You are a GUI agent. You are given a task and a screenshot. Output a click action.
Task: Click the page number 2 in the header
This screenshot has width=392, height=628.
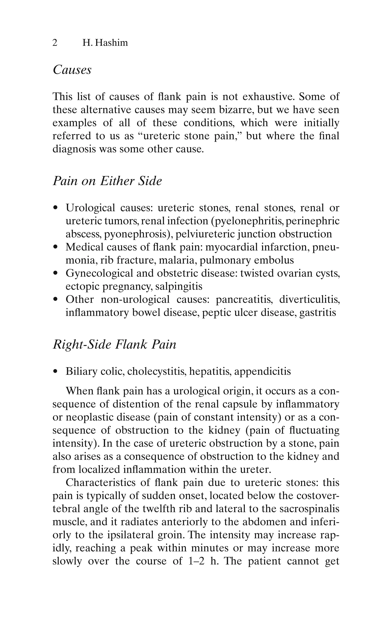pyautogui.click(x=55, y=43)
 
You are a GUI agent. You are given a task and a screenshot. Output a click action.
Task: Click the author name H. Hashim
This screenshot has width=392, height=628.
pyautogui.click(x=105, y=43)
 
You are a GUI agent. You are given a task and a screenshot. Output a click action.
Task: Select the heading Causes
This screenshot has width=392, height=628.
pyautogui.click(x=72, y=70)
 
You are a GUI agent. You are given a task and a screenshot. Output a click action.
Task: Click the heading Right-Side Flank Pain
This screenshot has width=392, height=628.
pyautogui.click(x=114, y=344)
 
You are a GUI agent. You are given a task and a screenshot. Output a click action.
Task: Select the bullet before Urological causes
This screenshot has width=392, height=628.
pyautogui.click(x=55, y=208)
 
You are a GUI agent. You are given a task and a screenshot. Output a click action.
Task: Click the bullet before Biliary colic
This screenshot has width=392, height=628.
pyautogui.click(x=55, y=371)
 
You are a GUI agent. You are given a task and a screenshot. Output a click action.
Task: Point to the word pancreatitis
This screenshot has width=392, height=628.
pyautogui.click(x=244, y=300)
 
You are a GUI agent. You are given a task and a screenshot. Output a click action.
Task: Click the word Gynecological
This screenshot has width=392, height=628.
pyautogui.click(x=99, y=273)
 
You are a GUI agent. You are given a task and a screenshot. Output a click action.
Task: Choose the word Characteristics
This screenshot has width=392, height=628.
pyautogui.click(x=101, y=483)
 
